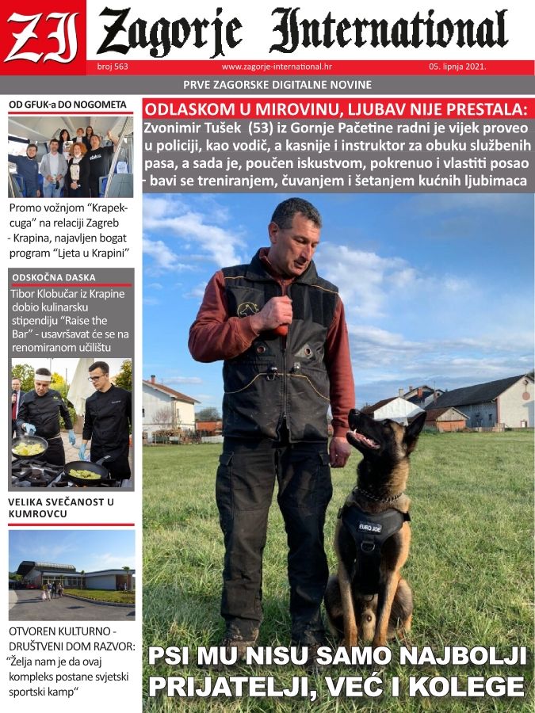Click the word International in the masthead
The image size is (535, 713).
point(388,32)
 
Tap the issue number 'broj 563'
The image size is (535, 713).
point(112,67)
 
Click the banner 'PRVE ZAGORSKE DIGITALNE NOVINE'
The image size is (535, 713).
point(277,85)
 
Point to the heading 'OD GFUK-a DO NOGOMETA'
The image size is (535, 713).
point(67,105)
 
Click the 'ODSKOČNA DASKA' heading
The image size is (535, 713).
point(54,277)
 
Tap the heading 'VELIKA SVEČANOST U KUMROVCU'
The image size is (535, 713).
point(62,508)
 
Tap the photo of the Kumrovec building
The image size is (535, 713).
point(71,574)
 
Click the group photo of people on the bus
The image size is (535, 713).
point(71,157)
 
